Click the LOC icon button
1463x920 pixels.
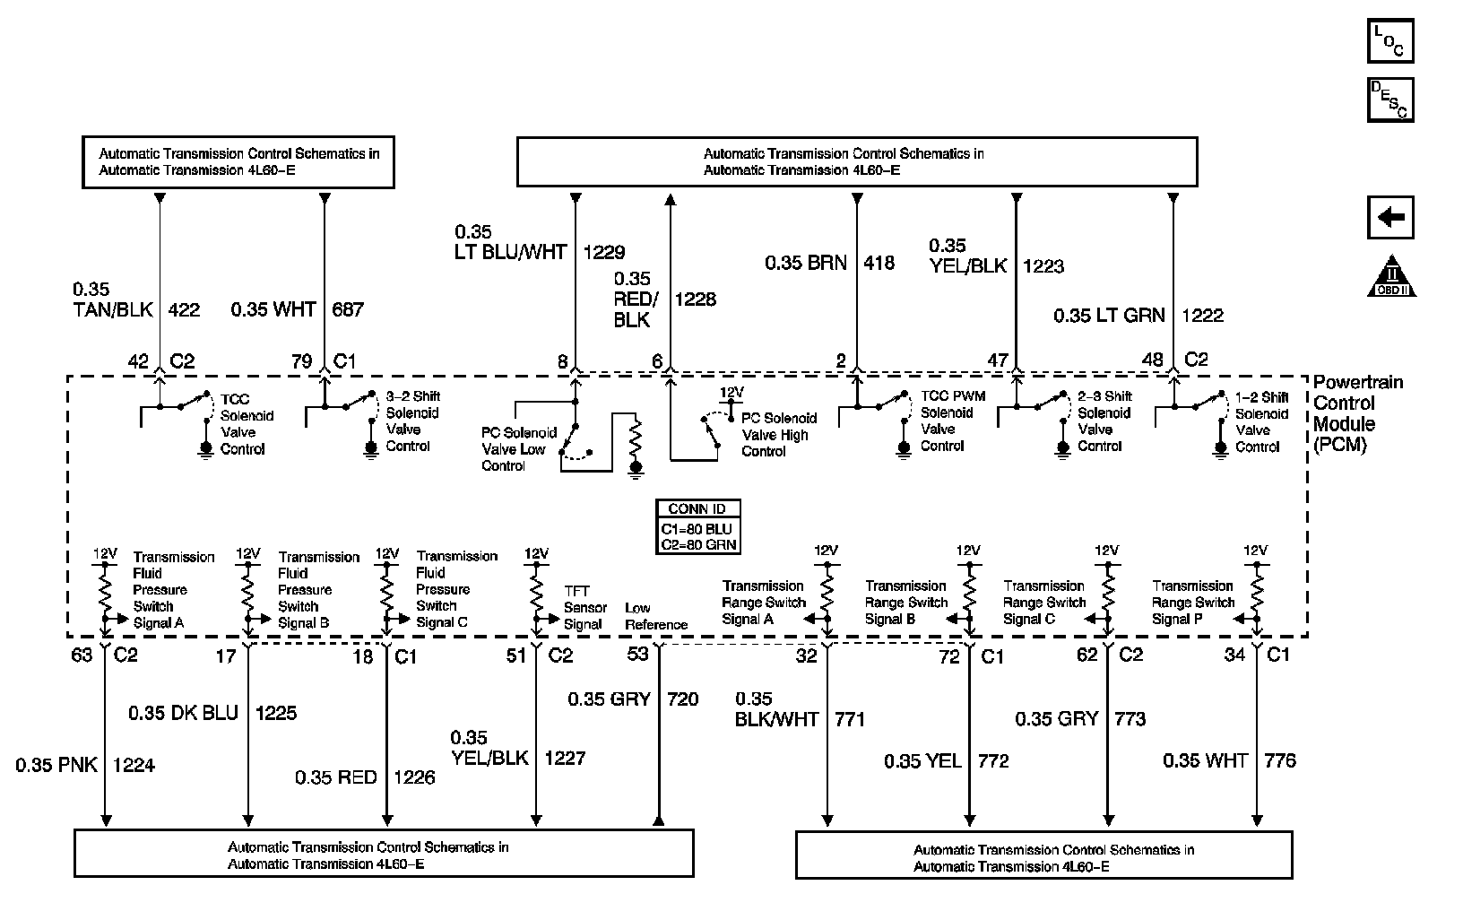[1390, 40]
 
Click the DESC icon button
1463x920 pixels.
[1390, 100]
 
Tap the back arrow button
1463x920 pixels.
[1390, 218]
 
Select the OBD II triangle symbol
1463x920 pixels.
[1391, 278]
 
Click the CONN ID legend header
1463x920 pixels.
[697, 508]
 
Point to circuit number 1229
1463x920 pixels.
[604, 253]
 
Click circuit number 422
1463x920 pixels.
[183, 310]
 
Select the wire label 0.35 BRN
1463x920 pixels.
[805, 264]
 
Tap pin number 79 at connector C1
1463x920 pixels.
[301, 361]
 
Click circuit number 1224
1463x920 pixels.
[134, 765]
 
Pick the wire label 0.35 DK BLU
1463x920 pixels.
[184, 713]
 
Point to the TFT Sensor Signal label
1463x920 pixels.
[584, 608]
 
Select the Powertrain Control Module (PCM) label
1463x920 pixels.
[1346, 413]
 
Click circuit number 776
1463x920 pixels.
[1280, 760]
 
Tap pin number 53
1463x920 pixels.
[637, 654]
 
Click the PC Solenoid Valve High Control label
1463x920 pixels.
[778, 435]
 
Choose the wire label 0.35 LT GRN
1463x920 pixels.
[1109, 316]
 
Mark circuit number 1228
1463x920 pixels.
[696, 299]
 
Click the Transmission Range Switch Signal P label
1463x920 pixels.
[1192, 603]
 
